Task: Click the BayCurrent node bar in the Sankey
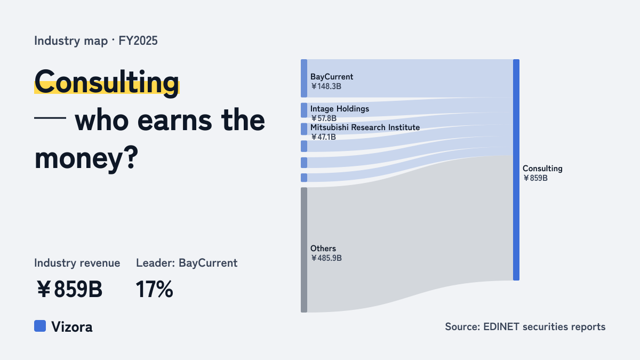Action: coord(304,78)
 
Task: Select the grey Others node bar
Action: coord(304,250)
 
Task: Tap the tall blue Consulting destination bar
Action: coord(516,170)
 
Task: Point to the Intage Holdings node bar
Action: coord(304,110)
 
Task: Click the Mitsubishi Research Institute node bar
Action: coord(304,129)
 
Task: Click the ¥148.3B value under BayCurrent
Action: coord(326,86)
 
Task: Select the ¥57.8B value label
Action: coord(324,118)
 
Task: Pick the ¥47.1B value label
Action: coord(323,137)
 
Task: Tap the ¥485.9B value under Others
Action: coord(326,258)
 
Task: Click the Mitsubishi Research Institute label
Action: coord(365,127)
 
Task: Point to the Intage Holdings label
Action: coord(340,109)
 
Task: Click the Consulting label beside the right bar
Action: coord(542,169)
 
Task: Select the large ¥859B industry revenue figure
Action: coord(69,290)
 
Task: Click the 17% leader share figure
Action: coord(154,290)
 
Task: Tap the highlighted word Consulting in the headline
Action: coord(107,82)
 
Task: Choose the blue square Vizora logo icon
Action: coord(40,326)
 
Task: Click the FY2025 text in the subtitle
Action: coord(138,41)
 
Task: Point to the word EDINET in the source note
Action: coord(501,326)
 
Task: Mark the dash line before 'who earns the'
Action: coord(50,117)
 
